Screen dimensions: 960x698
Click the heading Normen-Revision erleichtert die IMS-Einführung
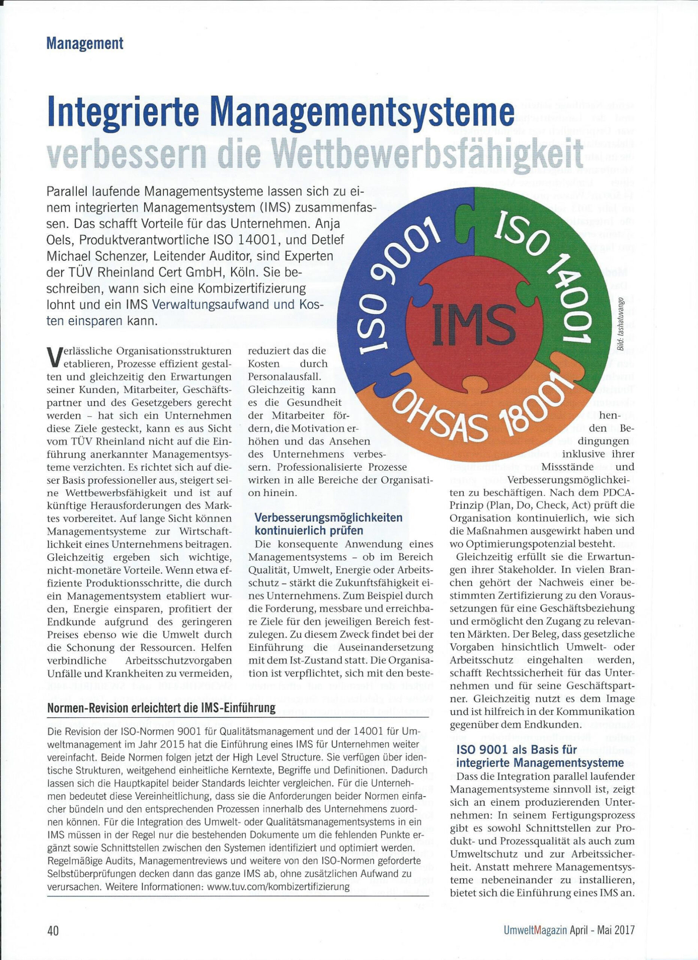click(161, 708)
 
